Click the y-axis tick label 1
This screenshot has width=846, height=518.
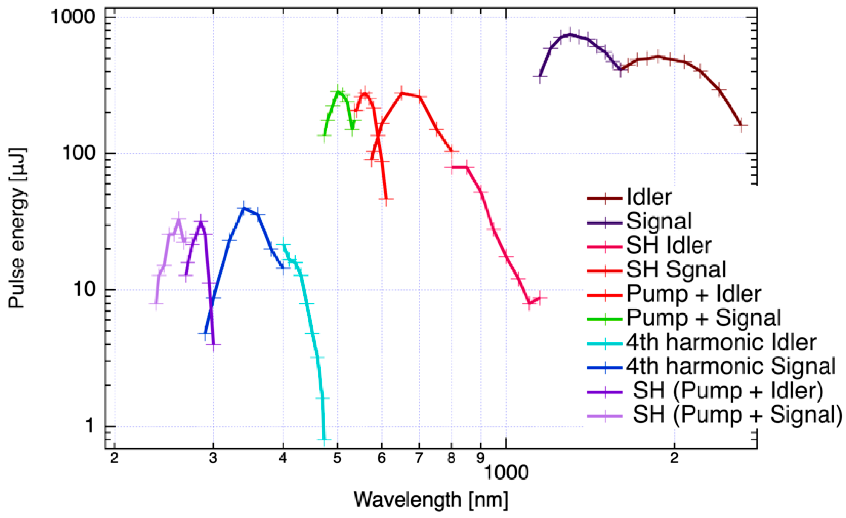tap(90, 426)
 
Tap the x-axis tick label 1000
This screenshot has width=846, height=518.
tap(506, 472)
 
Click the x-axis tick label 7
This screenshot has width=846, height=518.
tap(419, 458)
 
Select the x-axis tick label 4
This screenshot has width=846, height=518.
tap(283, 458)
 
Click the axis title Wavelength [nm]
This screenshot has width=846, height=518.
tap(431, 500)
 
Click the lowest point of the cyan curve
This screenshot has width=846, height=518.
tap(324, 439)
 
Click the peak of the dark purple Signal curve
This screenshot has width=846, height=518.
tap(570, 35)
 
